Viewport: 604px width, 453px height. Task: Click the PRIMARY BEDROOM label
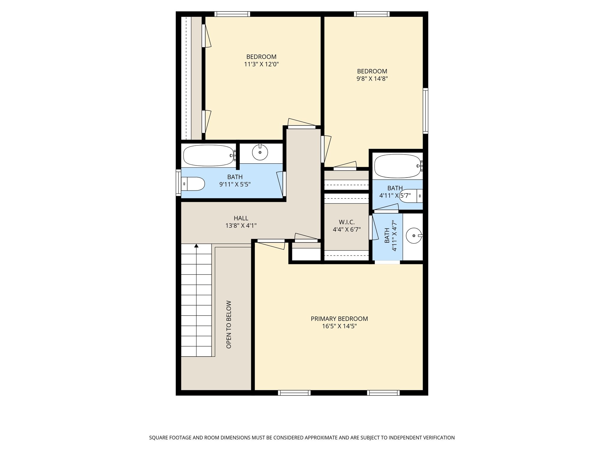(x=339, y=319)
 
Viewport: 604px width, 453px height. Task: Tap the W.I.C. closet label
(x=347, y=222)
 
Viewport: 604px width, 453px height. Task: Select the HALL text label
(x=241, y=218)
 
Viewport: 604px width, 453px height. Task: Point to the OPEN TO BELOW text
(x=229, y=324)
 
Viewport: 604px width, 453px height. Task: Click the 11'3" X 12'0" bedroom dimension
(x=261, y=64)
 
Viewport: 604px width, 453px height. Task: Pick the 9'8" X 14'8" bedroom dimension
(x=372, y=79)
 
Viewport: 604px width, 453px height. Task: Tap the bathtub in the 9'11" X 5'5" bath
(x=209, y=155)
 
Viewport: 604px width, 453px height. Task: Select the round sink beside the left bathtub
(x=260, y=152)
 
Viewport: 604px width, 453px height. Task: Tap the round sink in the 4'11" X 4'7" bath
(x=414, y=236)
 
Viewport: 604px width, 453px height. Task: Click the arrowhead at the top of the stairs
(x=196, y=245)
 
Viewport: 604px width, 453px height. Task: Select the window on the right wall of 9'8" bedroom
(x=425, y=111)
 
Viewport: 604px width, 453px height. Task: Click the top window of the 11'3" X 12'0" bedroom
(x=232, y=14)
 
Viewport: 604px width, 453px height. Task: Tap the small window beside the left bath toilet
(x=178, y=183)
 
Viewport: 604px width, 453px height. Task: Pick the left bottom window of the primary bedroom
(x=294, y=393)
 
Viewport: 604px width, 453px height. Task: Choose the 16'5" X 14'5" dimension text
(x=339, y=326)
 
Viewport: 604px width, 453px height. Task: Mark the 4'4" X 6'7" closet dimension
(x=347, y=229)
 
